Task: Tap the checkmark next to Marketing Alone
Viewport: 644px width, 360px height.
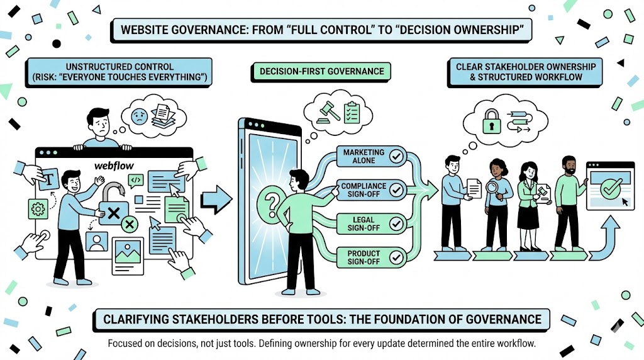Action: [396, 156]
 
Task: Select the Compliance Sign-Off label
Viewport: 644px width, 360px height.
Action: [364, 190]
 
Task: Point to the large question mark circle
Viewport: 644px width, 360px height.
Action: [273, 203]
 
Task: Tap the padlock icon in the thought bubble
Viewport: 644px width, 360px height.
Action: [491, 123]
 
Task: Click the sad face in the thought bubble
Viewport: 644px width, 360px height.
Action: [139, 116]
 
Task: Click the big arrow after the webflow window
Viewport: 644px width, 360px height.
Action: [215, 200]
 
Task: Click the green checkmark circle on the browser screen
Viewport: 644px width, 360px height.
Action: [611, 187]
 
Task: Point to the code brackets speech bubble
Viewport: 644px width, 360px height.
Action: [136, 181]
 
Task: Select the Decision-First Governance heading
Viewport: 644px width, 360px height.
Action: [322, 71]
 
